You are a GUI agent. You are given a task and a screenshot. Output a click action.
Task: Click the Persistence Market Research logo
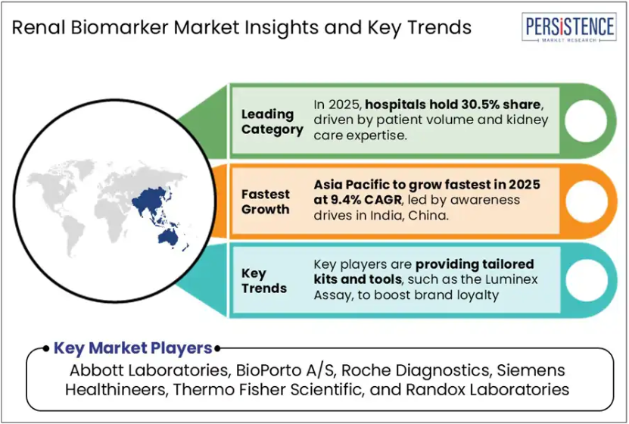point(569,26)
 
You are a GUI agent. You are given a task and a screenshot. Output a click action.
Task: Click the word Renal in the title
point(38,28)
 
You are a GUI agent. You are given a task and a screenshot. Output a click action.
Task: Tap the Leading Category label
point(272,122)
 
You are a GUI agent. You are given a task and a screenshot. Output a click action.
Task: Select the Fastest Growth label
point(265,201)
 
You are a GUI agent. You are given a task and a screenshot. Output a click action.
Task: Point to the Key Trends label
point(263,281)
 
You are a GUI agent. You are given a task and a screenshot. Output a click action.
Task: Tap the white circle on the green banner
point(585,120)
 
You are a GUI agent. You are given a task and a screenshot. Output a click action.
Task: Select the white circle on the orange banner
point(587,201)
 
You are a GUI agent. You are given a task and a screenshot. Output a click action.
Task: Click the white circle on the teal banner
point(587,280)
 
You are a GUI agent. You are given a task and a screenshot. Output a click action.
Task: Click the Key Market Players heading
point(132,348)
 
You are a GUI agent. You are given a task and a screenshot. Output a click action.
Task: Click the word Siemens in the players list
point(531,369)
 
